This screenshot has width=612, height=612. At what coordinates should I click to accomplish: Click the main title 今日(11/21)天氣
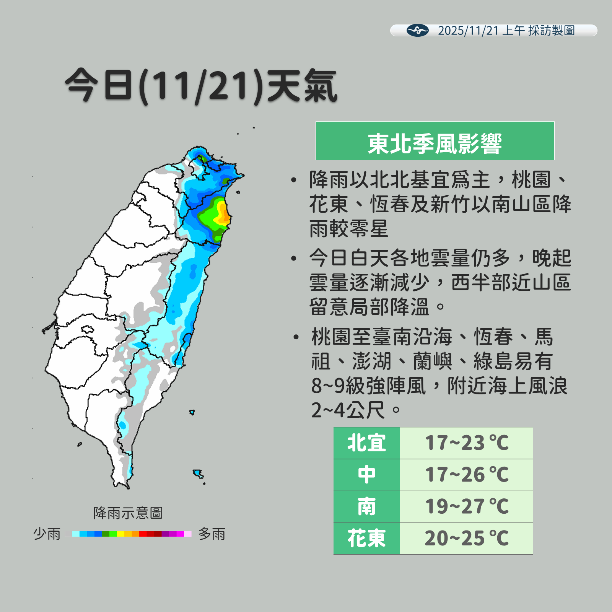point(201,86)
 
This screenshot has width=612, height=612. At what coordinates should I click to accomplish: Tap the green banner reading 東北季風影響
point(435,141)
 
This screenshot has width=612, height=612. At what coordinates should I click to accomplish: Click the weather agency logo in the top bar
point(417,30)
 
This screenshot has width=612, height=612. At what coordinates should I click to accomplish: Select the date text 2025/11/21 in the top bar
point(468,31)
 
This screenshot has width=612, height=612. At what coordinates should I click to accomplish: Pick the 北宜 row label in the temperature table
point(366,443)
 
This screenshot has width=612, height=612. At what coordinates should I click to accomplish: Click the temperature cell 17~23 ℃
point(466,443)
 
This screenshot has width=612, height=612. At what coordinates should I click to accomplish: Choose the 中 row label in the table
point(366,475)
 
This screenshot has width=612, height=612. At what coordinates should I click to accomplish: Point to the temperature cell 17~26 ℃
point(466,475)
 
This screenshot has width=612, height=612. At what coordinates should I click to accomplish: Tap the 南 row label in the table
point(366,506)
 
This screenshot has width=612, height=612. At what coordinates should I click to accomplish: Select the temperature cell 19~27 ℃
point(466,506)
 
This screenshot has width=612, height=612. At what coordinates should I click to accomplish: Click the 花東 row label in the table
point(366,538)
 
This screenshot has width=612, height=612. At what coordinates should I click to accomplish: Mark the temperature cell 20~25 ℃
point(466,538)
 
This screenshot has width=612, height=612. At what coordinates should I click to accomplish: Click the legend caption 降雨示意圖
point(128,513)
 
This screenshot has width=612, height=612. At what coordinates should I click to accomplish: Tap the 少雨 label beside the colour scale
point(47,534)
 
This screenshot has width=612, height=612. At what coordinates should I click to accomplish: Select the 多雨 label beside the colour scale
point(212,534)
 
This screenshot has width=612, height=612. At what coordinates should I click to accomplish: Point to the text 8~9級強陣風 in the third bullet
point(368,386)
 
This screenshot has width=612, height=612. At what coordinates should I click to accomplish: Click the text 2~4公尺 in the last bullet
point(348,410)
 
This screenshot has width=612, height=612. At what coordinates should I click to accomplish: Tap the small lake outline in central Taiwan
point(87,329)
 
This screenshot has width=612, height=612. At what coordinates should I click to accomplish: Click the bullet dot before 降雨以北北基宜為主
point(293,180)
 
